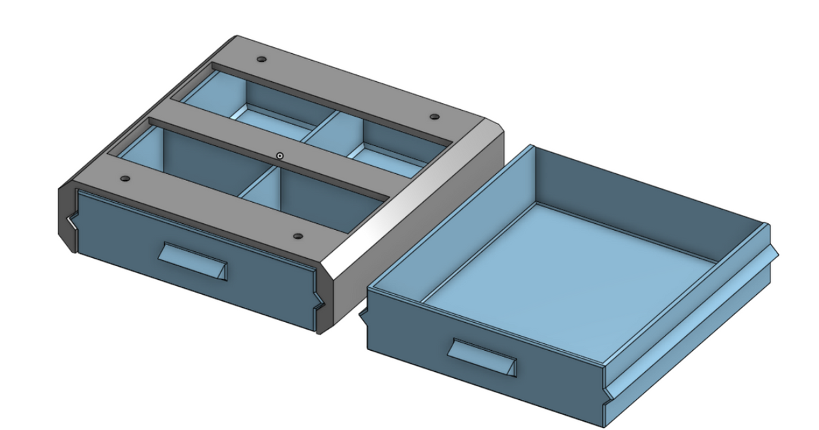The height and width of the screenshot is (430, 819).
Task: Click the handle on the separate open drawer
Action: click(x=482, y=357)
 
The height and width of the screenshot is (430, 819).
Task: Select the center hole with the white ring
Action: click(x=280, y=156)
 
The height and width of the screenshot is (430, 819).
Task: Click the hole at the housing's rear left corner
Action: click(x=262, y=60)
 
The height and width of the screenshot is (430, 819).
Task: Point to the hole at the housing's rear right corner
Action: click(x=433, y=117)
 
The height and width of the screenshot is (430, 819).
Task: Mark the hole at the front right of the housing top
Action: click(x=298, y=236)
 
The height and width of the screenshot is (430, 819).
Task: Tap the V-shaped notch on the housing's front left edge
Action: click(x=71, y=223)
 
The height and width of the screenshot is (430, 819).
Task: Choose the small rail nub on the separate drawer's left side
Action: click(x=363, y=314)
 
